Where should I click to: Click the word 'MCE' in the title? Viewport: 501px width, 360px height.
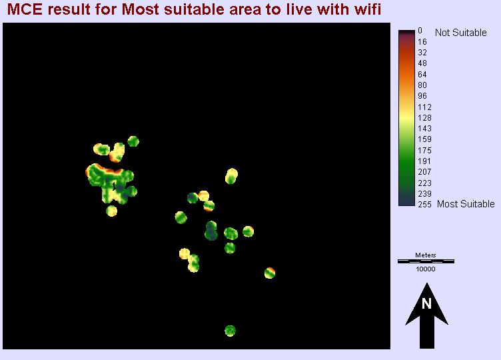pyautogui.click(x=23, y=10)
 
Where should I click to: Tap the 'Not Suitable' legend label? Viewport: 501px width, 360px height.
pyautogui.click(x=460, y=33)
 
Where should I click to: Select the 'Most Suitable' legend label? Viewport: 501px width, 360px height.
pyautogui.click(x=466, y=204)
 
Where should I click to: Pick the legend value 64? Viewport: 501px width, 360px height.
pyautogui.click(x=422, y=74)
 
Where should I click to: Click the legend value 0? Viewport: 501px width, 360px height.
pyautogui.click(x=420, y=30)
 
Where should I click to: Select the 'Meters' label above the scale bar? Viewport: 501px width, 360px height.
pyautogui.click(x=425, y=255)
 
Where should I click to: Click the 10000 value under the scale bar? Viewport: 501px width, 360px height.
pyautogui.click(x=425, y=269)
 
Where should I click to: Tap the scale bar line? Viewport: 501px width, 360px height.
pyautogui.click(x=425, y=261)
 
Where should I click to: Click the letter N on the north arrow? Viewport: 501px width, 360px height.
pyautogui.click(x=426, y=304)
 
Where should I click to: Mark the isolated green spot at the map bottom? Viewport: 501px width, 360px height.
pyautogui.click(x=230, y=330)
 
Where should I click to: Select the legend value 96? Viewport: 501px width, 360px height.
pyautogui.click(x=422, y=95)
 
